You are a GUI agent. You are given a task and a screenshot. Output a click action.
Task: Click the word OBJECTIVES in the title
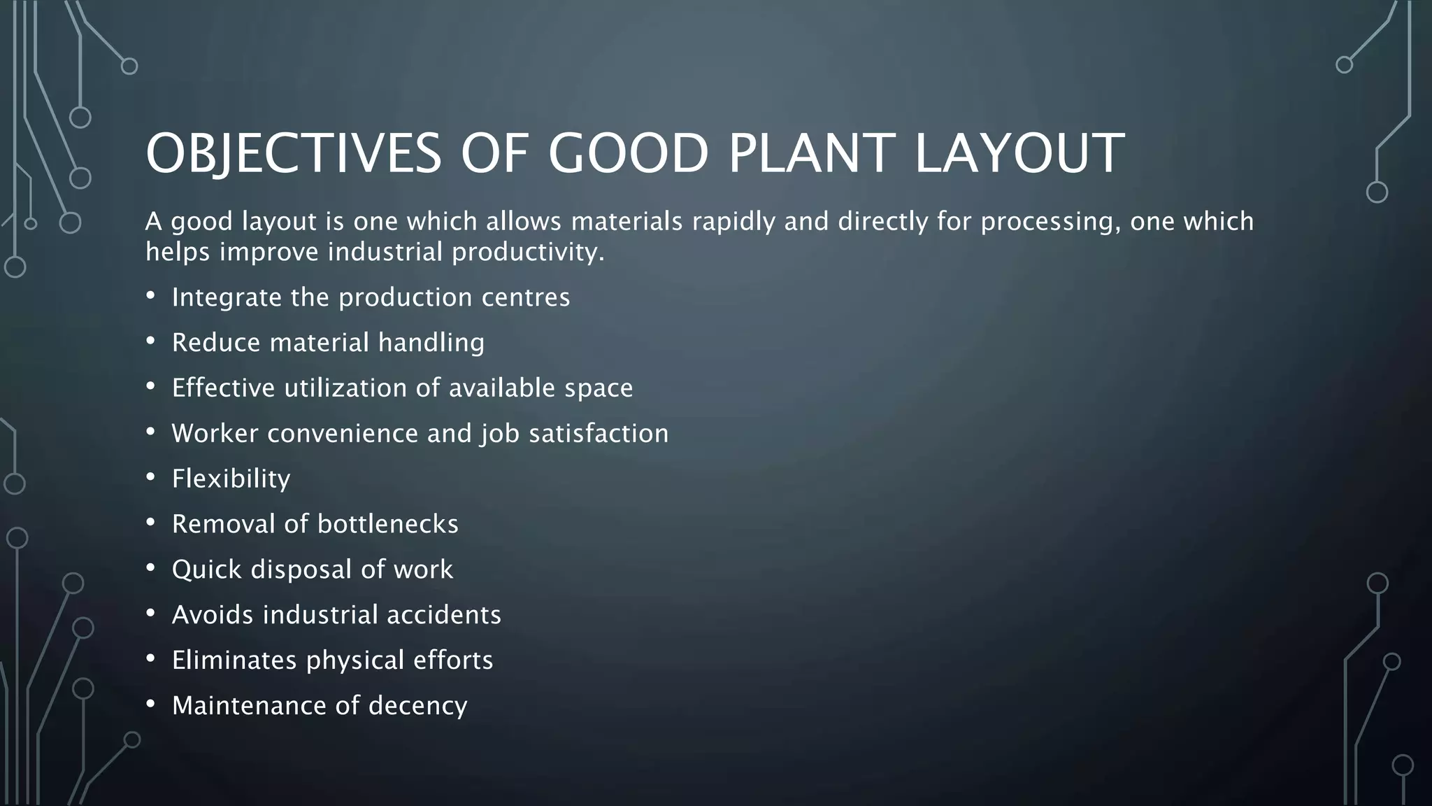294,153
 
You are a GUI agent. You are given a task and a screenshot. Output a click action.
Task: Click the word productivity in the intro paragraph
527,252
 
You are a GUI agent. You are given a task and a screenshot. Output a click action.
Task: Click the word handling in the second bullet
431,343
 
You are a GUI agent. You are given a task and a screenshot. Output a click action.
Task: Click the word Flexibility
231,479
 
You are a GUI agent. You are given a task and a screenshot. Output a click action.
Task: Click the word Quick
206,570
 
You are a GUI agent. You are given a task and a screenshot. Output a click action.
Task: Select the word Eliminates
234,660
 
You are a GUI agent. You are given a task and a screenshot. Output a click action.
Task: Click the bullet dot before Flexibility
150,477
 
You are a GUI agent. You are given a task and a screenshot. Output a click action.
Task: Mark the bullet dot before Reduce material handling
150,341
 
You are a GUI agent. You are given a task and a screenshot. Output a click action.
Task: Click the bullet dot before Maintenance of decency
150,704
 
